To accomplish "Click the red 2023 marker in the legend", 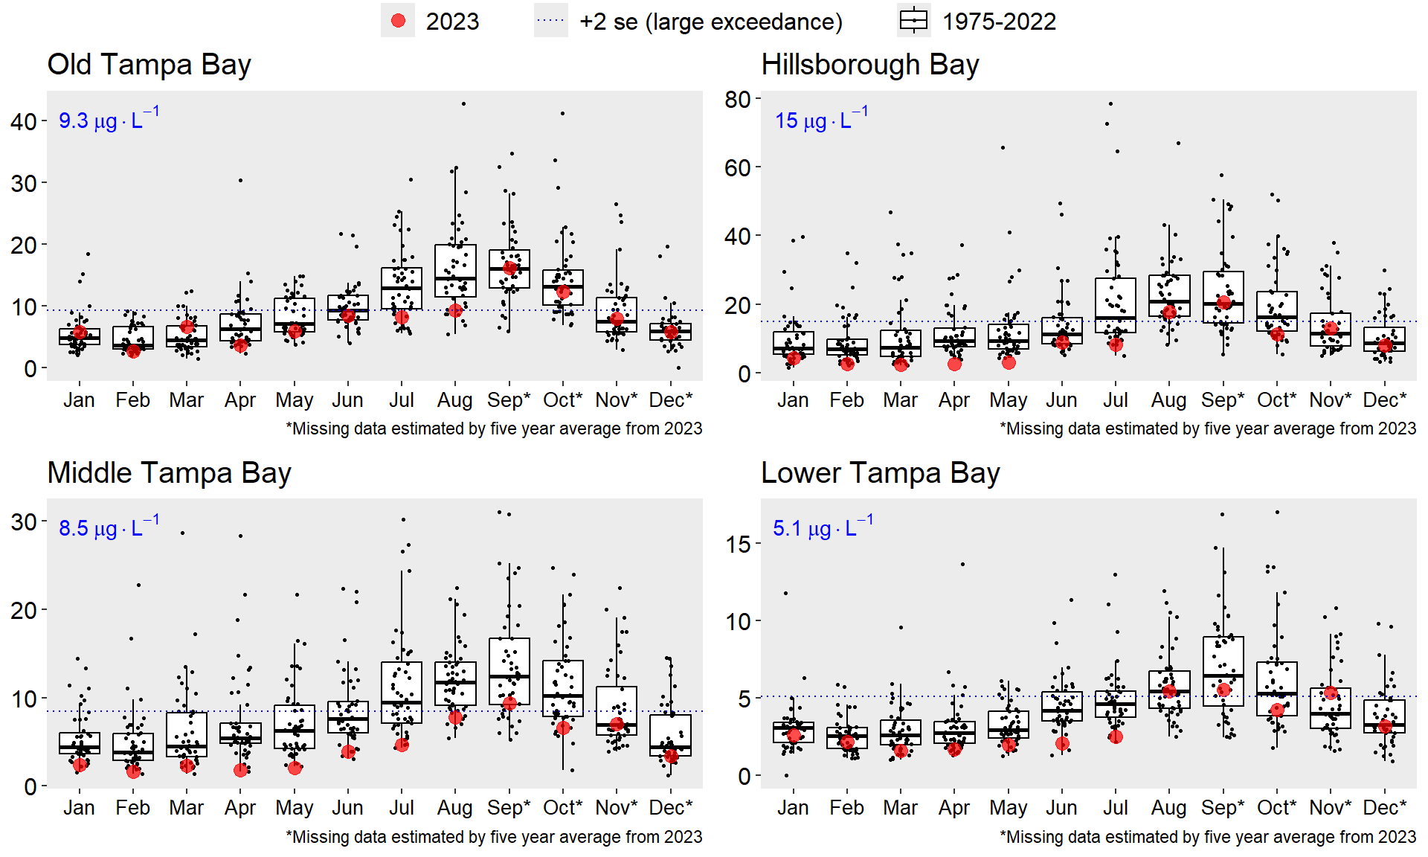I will click(x=398, y=21).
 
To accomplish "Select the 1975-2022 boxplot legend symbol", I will click(x=913, y=21).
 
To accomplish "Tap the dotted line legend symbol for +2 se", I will click(x=550, y=21).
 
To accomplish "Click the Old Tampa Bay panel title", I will click(x=149, y=65).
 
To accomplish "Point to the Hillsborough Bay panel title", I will click(x=869, y=65).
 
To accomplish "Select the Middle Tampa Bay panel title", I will click(x=169, y=473).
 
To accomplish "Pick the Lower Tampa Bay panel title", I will click(x=880, y=473).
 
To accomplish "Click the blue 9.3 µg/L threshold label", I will click(x=109, y=119).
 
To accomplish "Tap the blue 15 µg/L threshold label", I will click(x=821, y=119).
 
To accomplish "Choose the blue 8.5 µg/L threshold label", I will click(x=109, y=527).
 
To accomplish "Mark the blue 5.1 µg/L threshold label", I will click(x=823, y=527).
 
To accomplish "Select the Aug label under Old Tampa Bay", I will click(x=454, y=400).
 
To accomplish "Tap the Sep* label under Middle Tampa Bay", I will click(x=509, y=808).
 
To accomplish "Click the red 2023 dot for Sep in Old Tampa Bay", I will click(x=509, y=268).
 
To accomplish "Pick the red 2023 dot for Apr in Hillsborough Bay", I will click(x=954, y=364).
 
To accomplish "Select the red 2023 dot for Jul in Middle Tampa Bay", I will click(x=402, y=745).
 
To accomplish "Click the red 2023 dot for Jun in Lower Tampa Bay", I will click(x=1062, y=743).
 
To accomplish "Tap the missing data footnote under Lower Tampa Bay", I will click(x=1208, y=837).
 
